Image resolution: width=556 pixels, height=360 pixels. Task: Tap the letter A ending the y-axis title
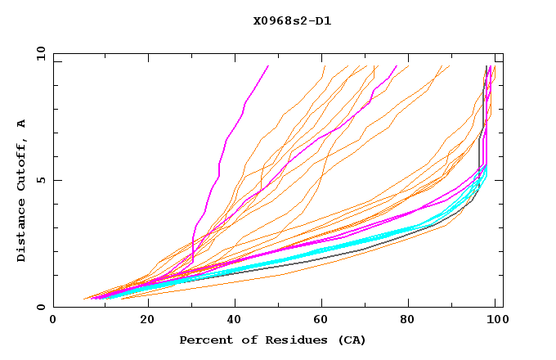(x=21, y=124)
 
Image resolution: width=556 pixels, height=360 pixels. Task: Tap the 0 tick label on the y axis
(x=41, y=308)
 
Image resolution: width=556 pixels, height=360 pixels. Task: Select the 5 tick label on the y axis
(x=41, y=180)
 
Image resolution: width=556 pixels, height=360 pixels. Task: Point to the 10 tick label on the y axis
(x=38, y=53)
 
